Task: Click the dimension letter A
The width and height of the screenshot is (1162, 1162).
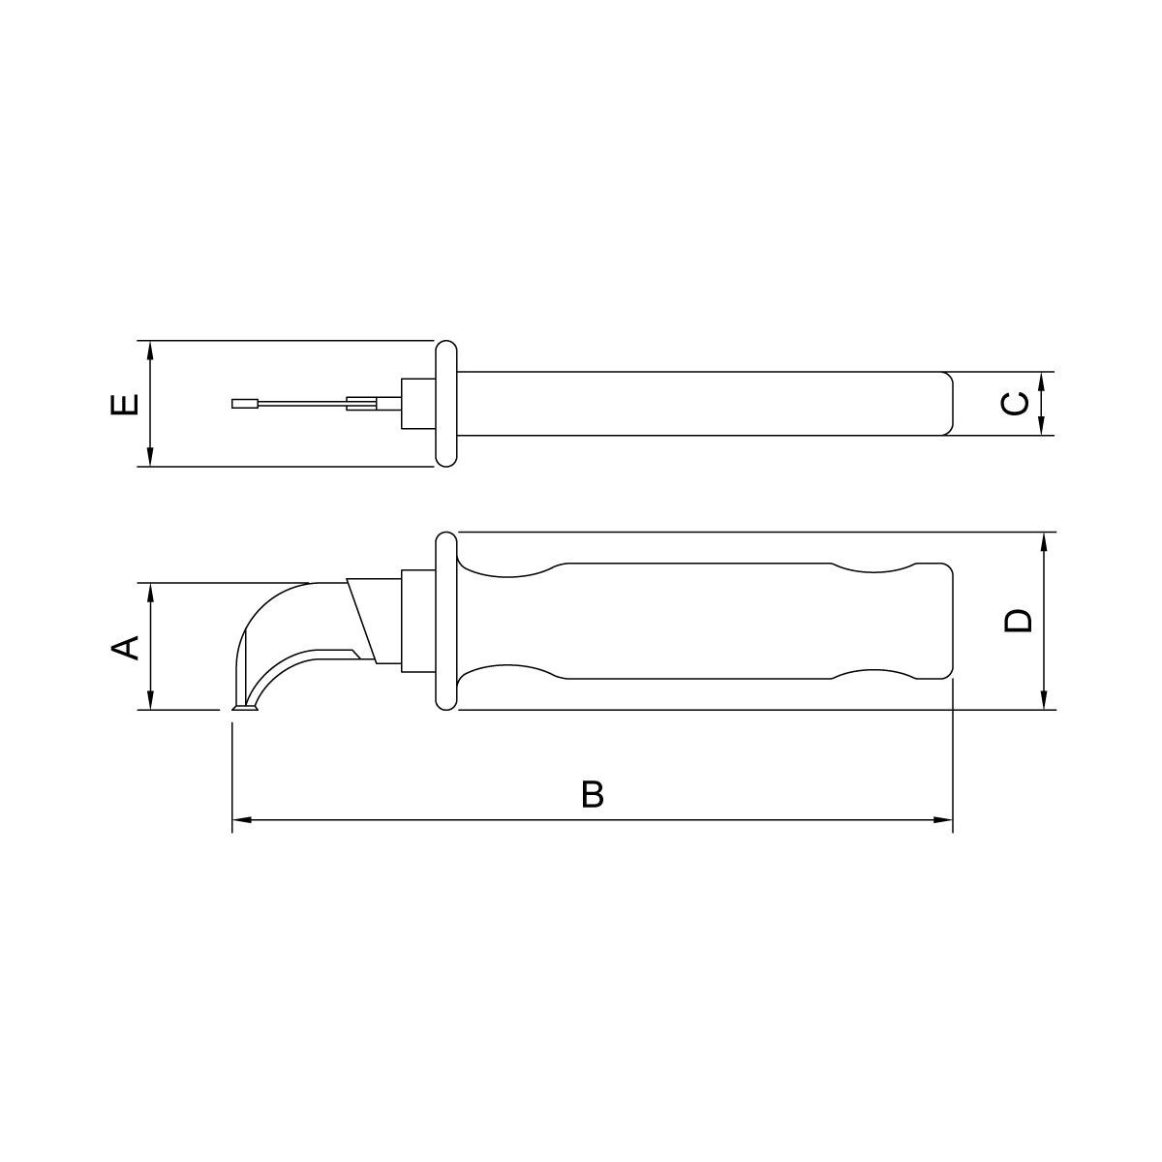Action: point(126,648)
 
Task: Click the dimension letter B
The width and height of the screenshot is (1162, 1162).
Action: point(593,794)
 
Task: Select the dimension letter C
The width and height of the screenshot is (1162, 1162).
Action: point(1014,404)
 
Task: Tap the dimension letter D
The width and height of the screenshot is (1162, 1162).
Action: point(1019,621)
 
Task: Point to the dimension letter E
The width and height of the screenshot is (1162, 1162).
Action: point(125,404)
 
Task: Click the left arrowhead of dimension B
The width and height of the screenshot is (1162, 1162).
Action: point(242,820)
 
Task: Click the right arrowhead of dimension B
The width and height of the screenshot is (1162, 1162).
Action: point(943,820)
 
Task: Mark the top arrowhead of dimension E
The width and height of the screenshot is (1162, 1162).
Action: point(151,351)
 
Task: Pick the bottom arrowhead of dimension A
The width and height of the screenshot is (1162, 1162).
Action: point(151,700)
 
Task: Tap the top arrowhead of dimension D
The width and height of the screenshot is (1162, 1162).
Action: point(1045,542)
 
